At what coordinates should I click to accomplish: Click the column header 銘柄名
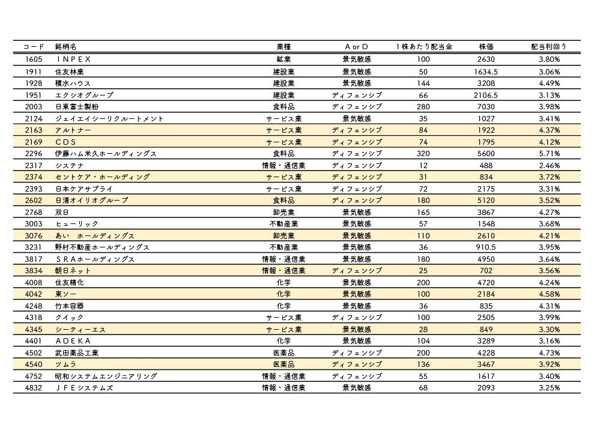point(65,47)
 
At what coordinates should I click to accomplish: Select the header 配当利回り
point(548,47)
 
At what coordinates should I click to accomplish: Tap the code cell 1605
point(34,59)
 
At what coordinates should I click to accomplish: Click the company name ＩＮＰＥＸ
point(73,59)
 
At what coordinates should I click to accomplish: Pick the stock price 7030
point(486,106)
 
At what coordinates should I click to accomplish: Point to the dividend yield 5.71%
point(549,154)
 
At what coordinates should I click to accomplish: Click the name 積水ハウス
point(73,83)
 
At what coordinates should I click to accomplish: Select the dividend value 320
point(423,154)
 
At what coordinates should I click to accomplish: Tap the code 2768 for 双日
point(34,212)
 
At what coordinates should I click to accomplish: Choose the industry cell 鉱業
point(283,59)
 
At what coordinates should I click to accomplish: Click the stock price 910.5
point(486,247)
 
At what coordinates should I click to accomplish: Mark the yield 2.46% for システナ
point(549,165)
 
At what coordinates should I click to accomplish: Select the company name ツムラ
point(65,365)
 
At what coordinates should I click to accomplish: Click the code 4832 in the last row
point(34,388)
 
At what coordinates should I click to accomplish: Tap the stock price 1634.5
point(486,71)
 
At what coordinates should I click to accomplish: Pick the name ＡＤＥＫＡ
point(73,341)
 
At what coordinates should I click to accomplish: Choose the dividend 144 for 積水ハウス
point(423,83)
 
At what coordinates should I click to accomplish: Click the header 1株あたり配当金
point(424,47)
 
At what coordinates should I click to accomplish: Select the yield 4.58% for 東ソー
point(549,294)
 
